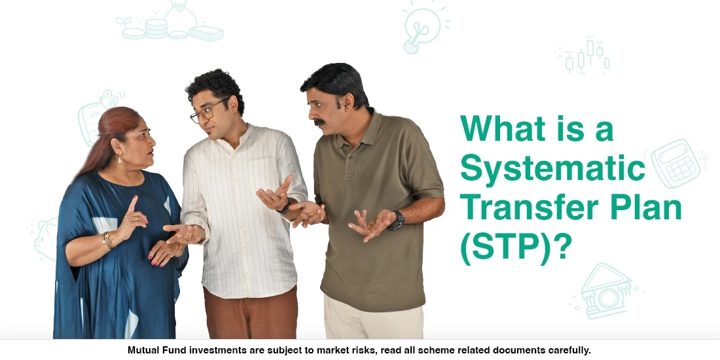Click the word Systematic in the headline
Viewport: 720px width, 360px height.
pos(553,169)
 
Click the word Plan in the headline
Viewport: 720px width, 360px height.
pos(644,209)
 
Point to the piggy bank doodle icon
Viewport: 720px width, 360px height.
pos(45,240)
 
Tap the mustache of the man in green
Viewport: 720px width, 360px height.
pos(320,122)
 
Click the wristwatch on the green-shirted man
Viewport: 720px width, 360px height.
pos(396,221)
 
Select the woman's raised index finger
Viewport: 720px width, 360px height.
pos(134,205)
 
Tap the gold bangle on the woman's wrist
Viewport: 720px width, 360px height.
pos(106,240)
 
